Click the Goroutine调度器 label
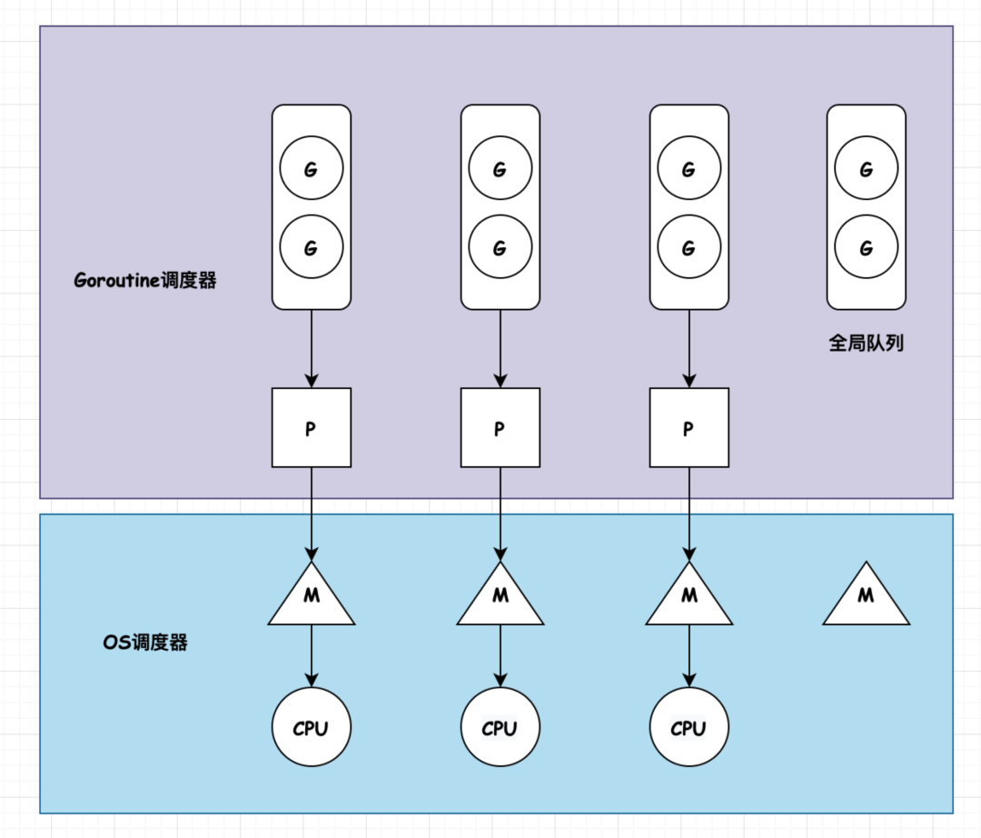coord(145,280)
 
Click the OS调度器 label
coord(145,643)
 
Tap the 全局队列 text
coord(866,344)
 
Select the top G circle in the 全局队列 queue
coord(866,169)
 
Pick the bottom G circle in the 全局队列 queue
coord(866,247)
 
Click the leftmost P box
coord(312,428)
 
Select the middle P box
coord(500,428)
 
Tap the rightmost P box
coord(689,428)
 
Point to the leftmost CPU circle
coord(312,728)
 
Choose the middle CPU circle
coord(500,728)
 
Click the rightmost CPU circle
coord(689,728)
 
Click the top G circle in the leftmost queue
coord(312,169)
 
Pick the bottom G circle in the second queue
coord(500,247)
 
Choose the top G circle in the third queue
coord(689,169)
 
